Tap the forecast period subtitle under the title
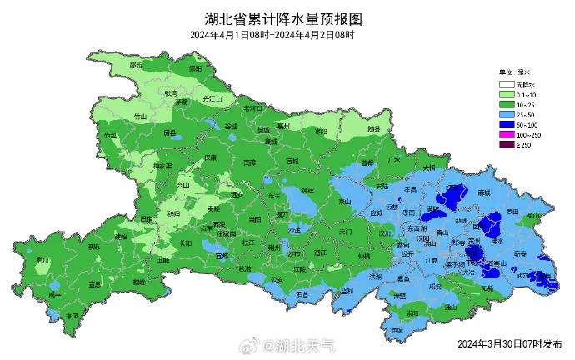coord(272,35)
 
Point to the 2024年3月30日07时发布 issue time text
coord(507,342)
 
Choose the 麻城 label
coord(484,192)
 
